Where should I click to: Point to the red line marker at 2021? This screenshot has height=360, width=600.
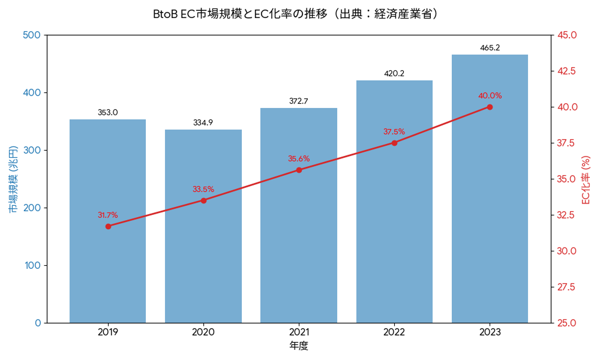(x=299, y=170)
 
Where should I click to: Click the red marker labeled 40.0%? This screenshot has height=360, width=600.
(x=490, y=107)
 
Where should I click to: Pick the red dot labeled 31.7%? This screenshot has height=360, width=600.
(x=108, y=226)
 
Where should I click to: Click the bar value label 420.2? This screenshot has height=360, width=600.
(x=394, y=74)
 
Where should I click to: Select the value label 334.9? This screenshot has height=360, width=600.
(x=203, y=123)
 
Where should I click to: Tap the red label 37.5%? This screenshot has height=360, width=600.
(x=394, y=131)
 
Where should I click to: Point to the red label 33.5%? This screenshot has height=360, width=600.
(x=203, y=190)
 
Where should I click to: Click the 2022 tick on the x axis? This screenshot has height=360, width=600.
(x=394, y=332)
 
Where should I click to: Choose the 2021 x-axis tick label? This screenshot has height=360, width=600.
(x=299, y=332)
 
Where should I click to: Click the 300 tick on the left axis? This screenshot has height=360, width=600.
(x=34, y=150)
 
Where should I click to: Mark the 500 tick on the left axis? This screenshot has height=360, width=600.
(x=34, y=35)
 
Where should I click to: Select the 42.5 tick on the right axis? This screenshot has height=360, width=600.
(x=567, y=71)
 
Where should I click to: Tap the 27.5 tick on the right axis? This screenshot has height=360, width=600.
(x=567, y=287)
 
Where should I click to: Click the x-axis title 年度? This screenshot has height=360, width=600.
(x=299, y=346)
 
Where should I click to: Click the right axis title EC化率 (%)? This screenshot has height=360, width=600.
(x=586, y=179)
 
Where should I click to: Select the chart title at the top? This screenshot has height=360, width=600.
(x=298, y=14)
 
